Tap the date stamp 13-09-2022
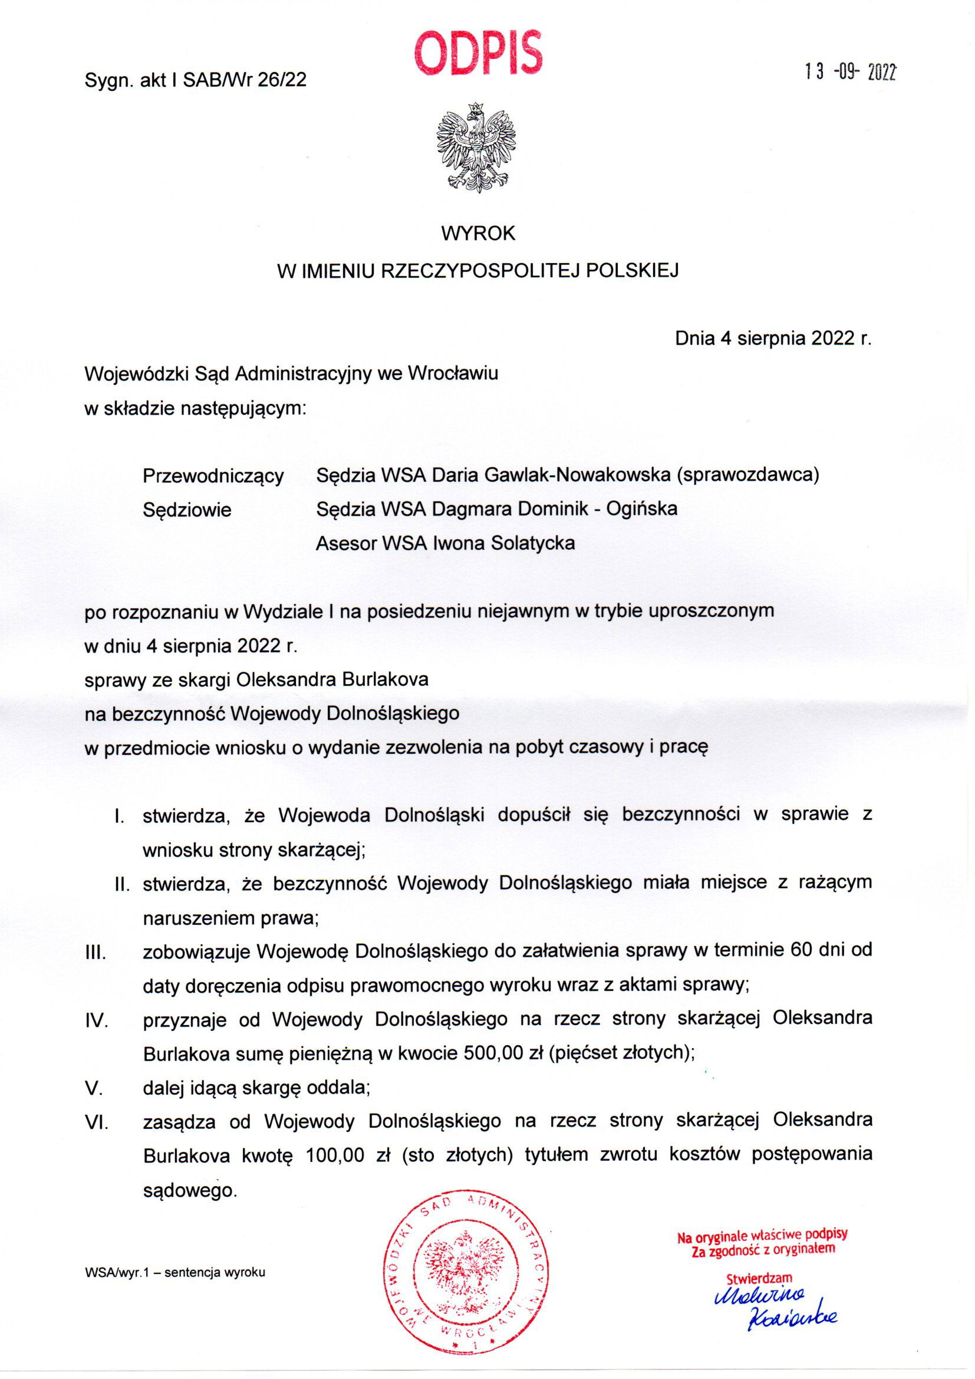850,73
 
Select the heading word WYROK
478,234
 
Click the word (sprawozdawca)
747,474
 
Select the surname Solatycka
532,543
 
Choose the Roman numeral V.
94,1088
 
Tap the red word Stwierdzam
759,1278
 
